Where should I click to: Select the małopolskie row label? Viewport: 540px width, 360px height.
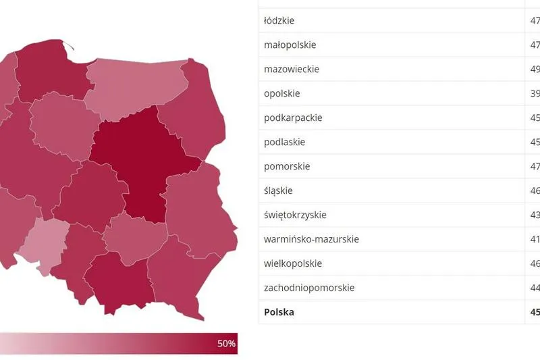click(x=290, y=45)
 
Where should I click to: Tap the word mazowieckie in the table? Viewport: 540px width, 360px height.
click(x=292, y=69)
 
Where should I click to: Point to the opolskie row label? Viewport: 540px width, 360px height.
click(x=281, y=93)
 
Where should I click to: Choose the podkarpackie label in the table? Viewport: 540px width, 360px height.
click(x=293, y=118)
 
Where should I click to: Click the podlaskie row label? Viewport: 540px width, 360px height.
click(x=284, y=142)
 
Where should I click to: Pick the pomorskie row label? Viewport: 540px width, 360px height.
click(x=286, y=166)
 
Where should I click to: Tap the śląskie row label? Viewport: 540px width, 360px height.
click(x=278, y=190)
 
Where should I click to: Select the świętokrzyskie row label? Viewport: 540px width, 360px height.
click(x=295, y=215)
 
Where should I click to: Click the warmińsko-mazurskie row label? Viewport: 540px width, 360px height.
click(x=311, y=239)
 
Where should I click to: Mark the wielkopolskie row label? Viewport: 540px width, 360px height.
click(x=293, y=263)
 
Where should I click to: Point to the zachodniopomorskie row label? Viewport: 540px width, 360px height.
click(x=309, y=288)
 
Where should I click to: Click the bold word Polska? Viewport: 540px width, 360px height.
click(x=279, y=312)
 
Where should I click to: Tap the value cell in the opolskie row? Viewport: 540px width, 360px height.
click(x=534, y=93)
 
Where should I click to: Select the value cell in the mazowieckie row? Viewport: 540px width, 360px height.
click(x=534, y=69)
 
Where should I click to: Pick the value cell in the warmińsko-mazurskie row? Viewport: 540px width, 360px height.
click(x=534, y=239)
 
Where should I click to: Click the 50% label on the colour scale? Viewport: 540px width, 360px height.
click(x=226, y=344)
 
